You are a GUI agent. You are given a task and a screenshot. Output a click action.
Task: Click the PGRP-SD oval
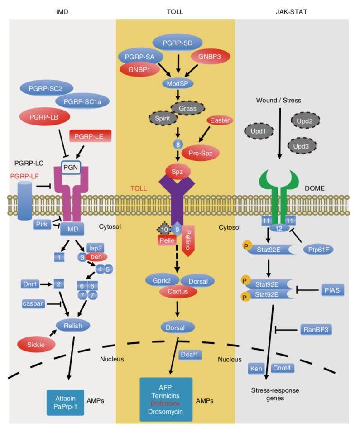[x=178, y=43]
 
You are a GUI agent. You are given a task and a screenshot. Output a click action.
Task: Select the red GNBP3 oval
[x=210, y=57]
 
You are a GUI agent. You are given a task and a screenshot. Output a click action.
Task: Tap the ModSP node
[x=178, y=83]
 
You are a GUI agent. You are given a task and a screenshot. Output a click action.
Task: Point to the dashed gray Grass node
[x=188, y=108]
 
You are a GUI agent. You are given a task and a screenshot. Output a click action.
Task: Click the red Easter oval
[x=220, y=120]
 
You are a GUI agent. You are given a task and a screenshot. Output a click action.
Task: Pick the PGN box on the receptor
[x=71, y=167]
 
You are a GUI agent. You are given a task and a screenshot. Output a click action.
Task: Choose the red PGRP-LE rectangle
[x=90, y=136]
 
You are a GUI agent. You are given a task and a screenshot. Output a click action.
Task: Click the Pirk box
[x=42, y=224]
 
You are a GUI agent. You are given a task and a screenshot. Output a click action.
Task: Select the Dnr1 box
[x=30, y=284]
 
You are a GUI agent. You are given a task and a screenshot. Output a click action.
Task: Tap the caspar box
[x=33, y=303]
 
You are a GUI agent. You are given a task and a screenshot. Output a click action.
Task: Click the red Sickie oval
[x=36, y=345]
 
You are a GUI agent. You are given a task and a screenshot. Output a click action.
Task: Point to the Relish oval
[x=73, y=326]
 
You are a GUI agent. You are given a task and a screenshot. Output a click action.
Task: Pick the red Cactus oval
[x=178, y=292]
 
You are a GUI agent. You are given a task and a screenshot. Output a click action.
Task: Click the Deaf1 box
[x=190, y=354]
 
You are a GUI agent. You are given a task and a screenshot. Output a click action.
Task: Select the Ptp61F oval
[x=318, y=250]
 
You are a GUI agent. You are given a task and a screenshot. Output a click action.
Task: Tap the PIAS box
[x=332, y=290]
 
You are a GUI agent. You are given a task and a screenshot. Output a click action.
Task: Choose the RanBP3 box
[x=316, y=330]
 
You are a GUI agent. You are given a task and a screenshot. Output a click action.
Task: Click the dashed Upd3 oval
[x=301, y=146]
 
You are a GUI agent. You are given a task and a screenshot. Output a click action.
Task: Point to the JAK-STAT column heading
[x=291, y=12]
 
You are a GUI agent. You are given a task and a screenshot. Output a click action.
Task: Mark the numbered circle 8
[x=178, y=144]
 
